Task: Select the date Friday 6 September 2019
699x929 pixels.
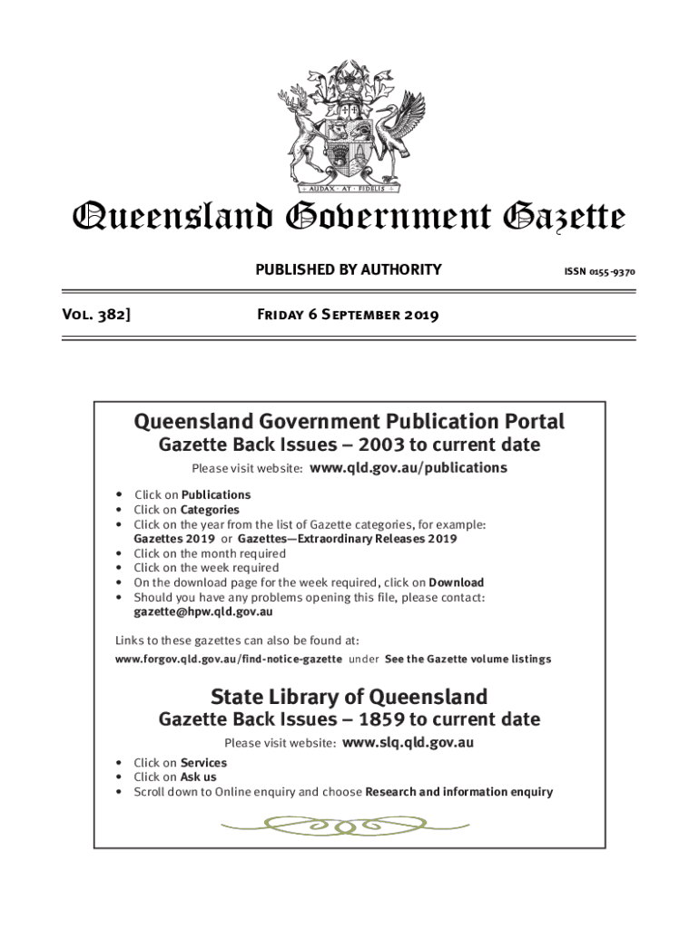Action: (x=349, y=316)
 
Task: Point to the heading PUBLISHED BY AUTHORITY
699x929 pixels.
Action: (x=349, y=269)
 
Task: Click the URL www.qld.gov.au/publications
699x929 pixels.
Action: (x=409, y=468)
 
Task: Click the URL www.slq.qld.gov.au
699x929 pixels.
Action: (x=409, y=743)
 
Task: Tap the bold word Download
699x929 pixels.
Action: (x=456, y=582)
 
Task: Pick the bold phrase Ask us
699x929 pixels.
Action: (x=198, y=777)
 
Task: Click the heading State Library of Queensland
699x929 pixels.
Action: (x=349, y=697)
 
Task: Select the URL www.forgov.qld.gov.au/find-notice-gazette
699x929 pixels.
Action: (x=229, y=659)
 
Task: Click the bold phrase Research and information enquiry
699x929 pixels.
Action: (x=458, y=792)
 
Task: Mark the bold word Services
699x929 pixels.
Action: (x=203, y=763)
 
